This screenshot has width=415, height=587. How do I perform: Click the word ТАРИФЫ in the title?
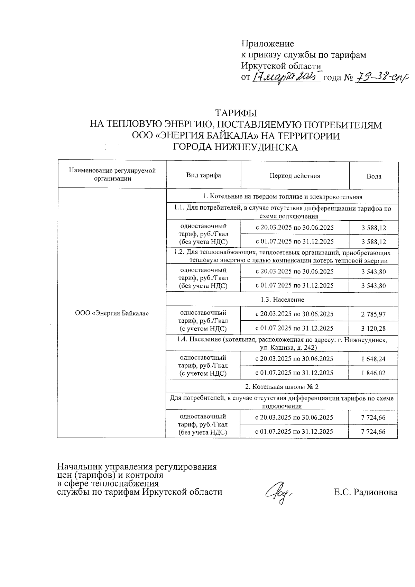[236, 113]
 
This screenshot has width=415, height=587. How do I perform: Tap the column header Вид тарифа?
[204, 175]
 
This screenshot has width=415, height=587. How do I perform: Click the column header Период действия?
[295, 176]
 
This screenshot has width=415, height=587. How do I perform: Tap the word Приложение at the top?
[267, 44]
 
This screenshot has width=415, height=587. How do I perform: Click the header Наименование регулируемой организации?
[112, 175]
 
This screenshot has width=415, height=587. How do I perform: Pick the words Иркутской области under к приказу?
[281, 66]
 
